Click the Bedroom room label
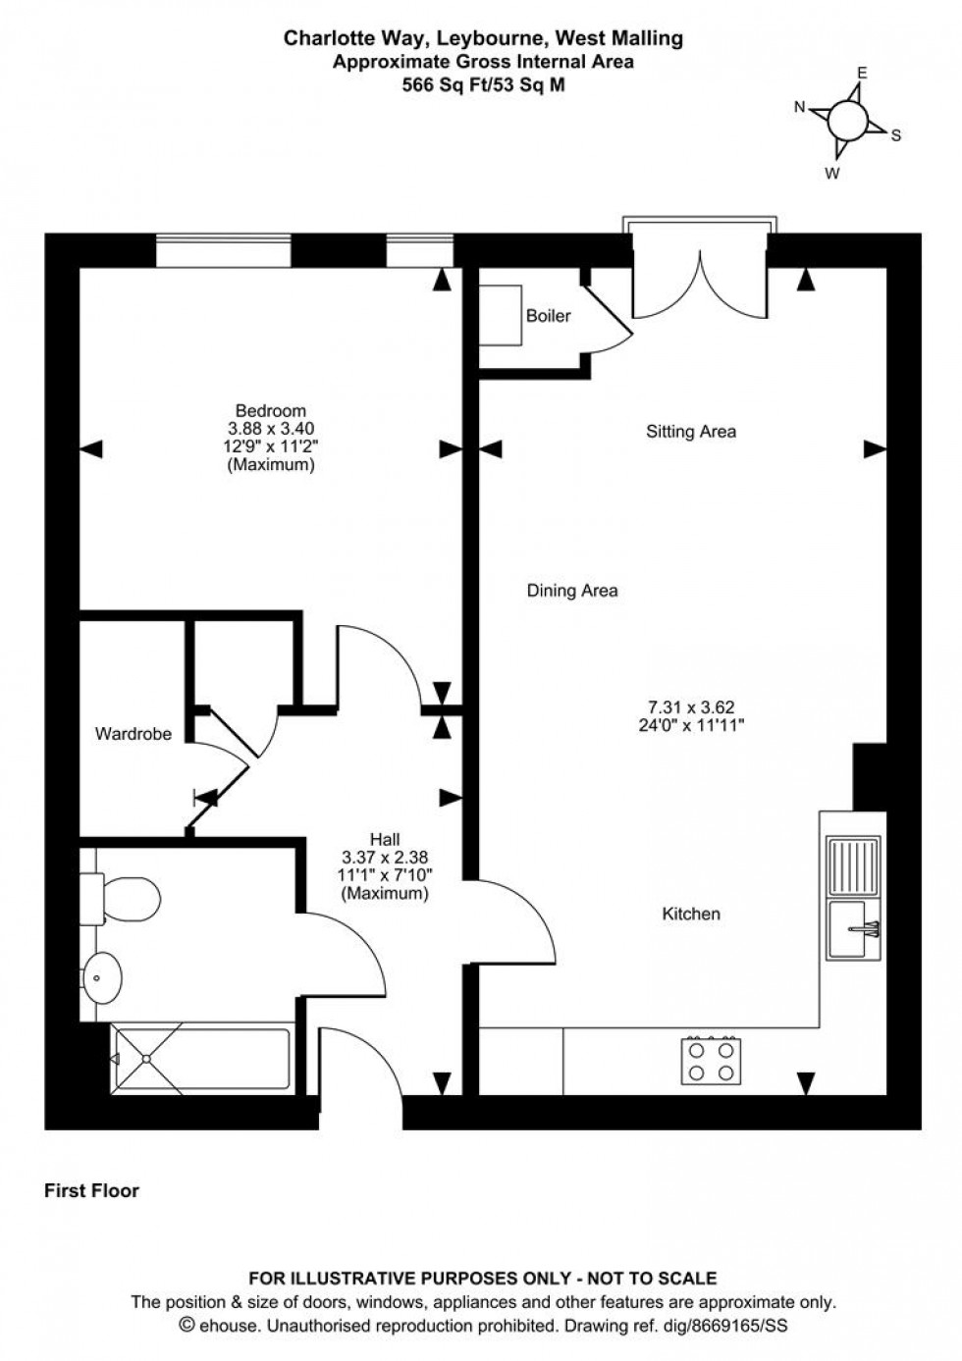pyautogui.click(x=270, y=411)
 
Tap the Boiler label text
pyautogui.click(x=548, y=316)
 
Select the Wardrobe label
pyautogui.click(x=133, y=733)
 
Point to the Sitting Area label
pyautogui.click(x=691, y=431)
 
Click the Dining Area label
pyautogui.click(x=572, y=591)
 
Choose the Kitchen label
pyautogui.click(x=691, y=914)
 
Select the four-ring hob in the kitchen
pyautogui.click(x=711, y=1060)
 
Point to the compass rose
pyautogui.click(x=846, y=122)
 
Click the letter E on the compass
pyautogui.click(x=863, y=73)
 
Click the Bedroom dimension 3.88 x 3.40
pyautogui.click(x=270, y=429)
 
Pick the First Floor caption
pyautogui.click(x=92, y=1191)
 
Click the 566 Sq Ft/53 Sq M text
pyautogui.click(x=483, y=84)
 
